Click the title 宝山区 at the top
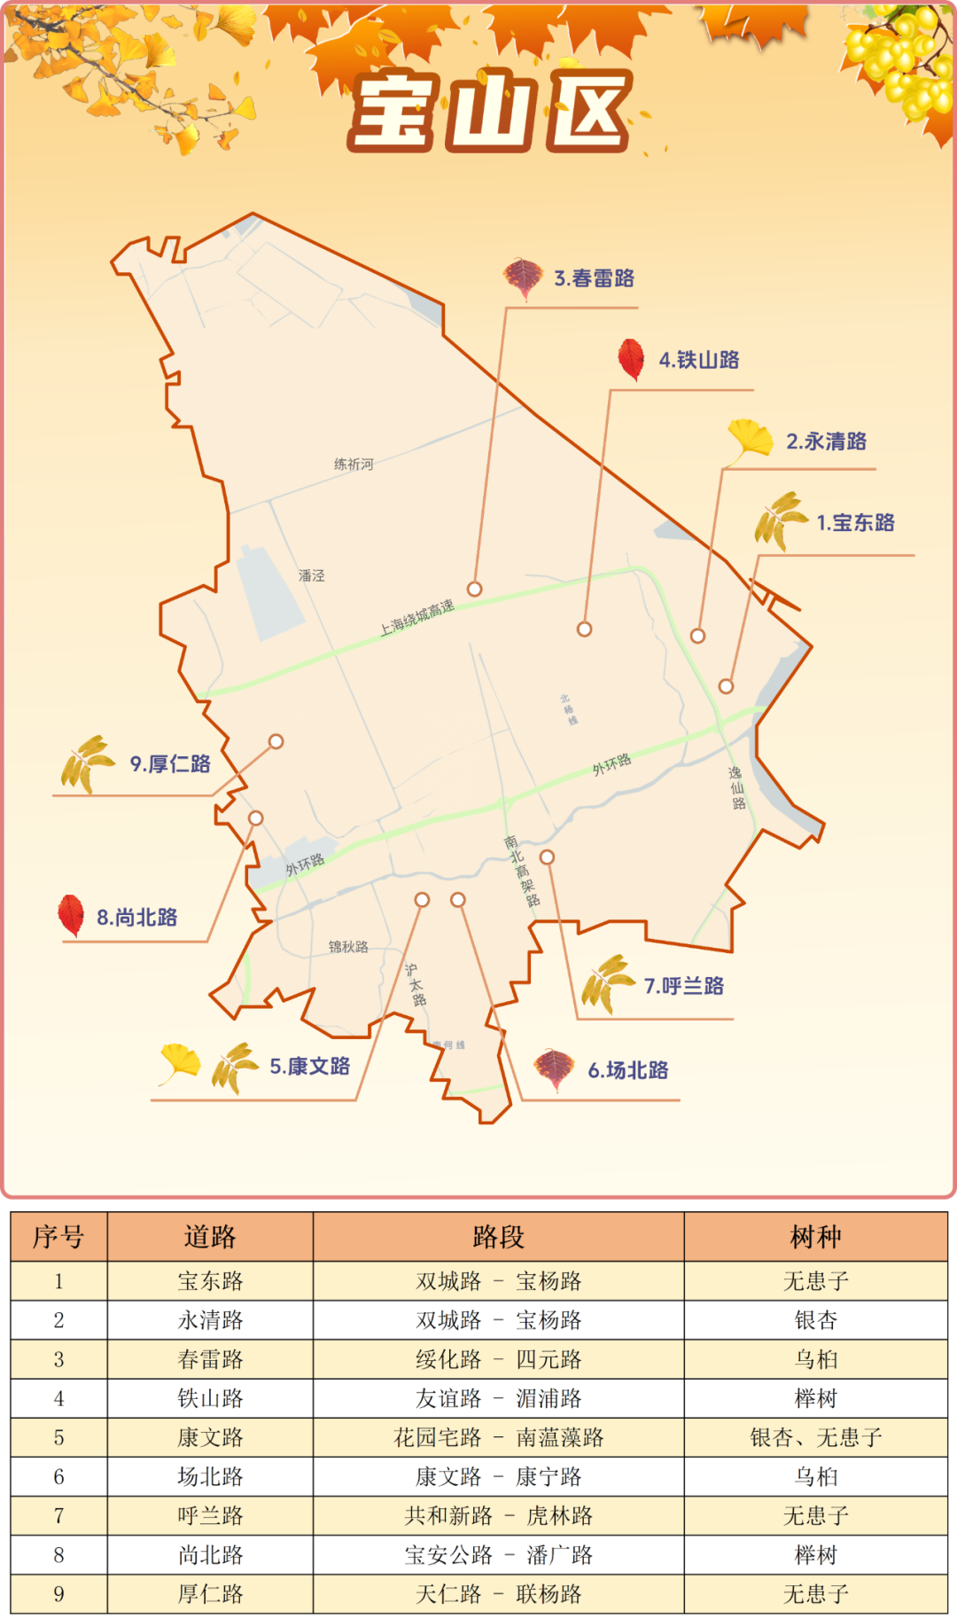tap(490, 111)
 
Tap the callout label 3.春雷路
tap(594, 278)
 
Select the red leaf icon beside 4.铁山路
tap(631, 359)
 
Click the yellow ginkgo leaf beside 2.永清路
tap(749, 441)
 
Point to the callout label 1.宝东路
tap(855, 523)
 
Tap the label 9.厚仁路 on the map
tap(170, 764)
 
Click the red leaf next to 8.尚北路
tap(71, 915)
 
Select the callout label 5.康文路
tap(309, 1066)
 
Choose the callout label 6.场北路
tap(628, 1070)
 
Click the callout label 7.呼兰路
tap(683, 986)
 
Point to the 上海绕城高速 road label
tap(416, 617)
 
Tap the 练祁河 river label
tap(354, 465)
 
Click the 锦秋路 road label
tap(348, 947)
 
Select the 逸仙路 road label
tap(737, 788)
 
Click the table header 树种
tap(815, 1237)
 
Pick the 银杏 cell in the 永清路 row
tap(815, 1320)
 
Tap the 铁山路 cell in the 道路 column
tap(210, 1398)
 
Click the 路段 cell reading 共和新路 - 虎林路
tap(498, 1515)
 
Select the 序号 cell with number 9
tap(58, 1593)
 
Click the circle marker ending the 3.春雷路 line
tap(475, 589)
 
